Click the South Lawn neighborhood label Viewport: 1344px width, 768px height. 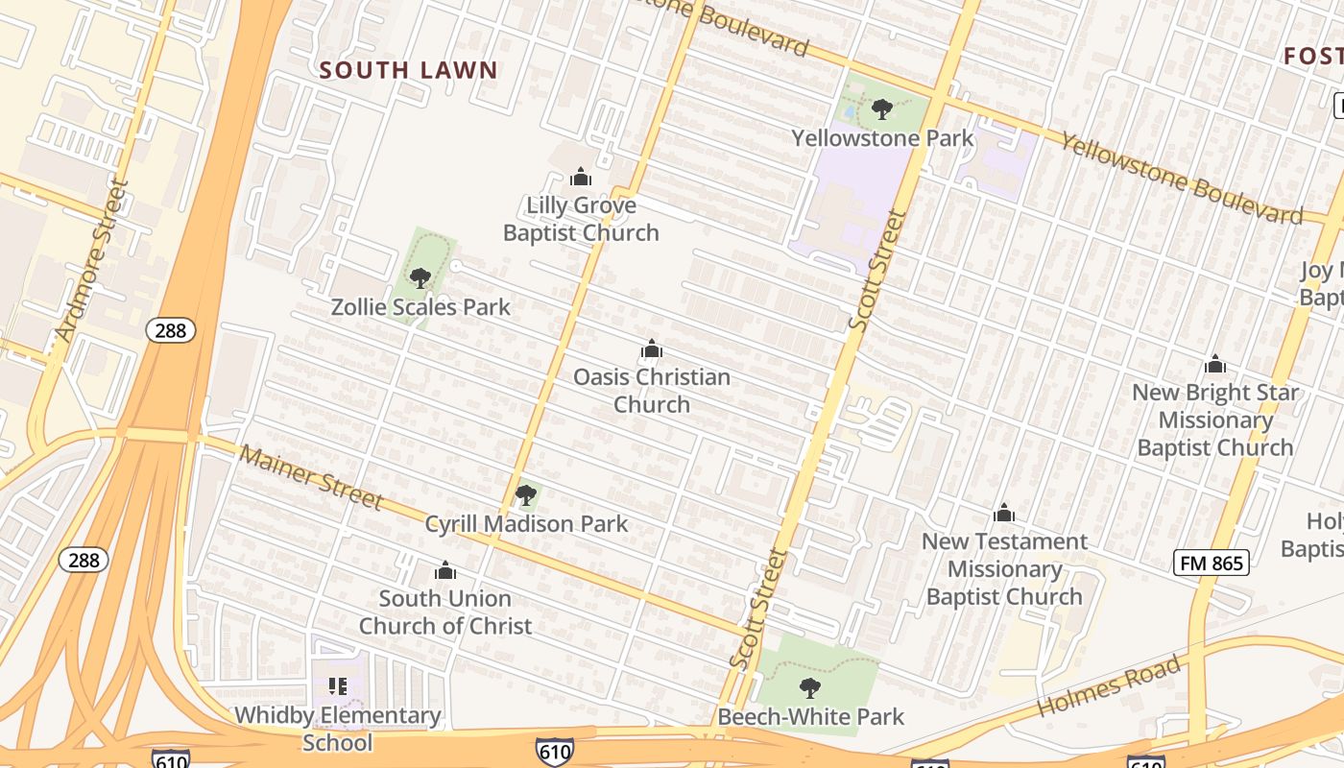408,70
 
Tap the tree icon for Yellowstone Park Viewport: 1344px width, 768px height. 882,109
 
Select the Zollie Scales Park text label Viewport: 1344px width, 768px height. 420,307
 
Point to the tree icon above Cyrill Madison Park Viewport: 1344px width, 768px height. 525,495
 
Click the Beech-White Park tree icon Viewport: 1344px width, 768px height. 810,687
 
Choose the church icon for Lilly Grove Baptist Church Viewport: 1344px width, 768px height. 580,177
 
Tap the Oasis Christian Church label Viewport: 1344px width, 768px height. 652,391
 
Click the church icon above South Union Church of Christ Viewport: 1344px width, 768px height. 444,570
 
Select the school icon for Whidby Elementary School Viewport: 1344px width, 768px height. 337,685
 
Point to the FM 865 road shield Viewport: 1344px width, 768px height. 1212,564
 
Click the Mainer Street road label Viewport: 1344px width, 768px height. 311,477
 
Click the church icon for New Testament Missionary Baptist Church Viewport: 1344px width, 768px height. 1004,513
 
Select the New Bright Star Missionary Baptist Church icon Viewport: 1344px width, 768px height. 1214,364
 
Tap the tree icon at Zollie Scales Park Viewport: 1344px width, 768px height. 420,278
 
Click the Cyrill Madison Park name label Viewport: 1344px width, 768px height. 526,524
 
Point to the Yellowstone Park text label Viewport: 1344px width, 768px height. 882,138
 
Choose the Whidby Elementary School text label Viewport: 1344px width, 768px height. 338,729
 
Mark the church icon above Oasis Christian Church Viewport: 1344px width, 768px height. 652,348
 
